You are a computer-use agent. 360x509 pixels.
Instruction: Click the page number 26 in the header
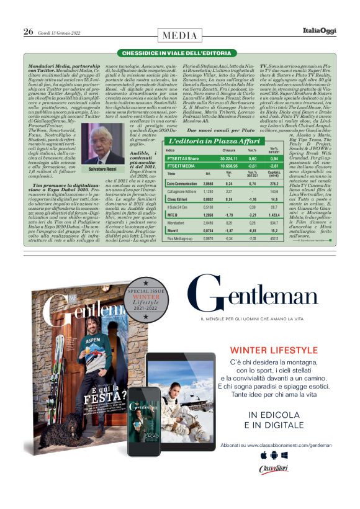pos(28,32)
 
